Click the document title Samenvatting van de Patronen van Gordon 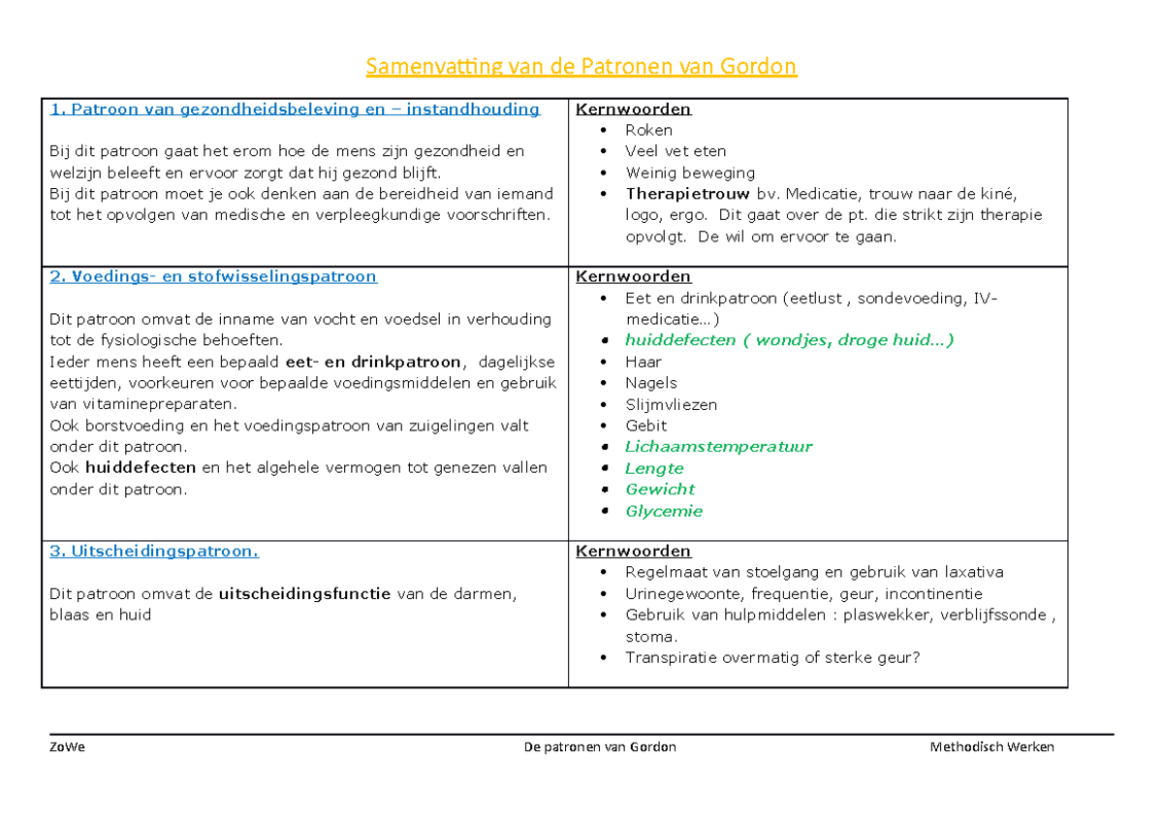[581, 66]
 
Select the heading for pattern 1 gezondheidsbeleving [295, 109]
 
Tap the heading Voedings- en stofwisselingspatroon [213, 276]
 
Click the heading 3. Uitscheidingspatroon [154, 551]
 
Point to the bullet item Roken [648, 130]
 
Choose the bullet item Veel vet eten [675, 151]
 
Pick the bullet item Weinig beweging [689, 173]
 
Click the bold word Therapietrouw [687, 194]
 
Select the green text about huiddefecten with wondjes [789, 340]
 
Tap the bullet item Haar [644, 362]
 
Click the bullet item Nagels [650, 383]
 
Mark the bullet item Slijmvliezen [671, 404]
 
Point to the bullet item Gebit [645, 426]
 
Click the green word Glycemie [664, 511]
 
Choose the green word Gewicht [660, 490]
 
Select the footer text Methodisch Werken [991, 747]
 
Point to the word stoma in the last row [649, 637]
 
